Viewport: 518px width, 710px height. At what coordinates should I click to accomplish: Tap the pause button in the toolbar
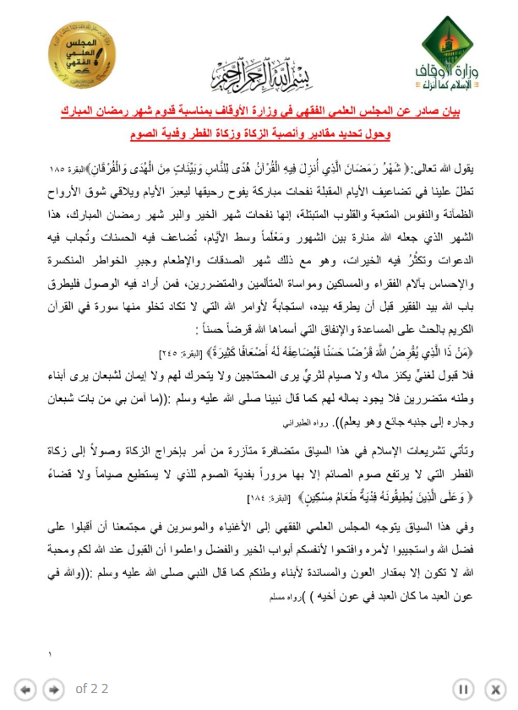[x=464, y=689]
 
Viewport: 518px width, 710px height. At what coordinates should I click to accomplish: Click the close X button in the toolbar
[x=493, y=689]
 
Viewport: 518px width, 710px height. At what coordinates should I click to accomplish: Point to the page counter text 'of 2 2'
[x=92, y=689]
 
